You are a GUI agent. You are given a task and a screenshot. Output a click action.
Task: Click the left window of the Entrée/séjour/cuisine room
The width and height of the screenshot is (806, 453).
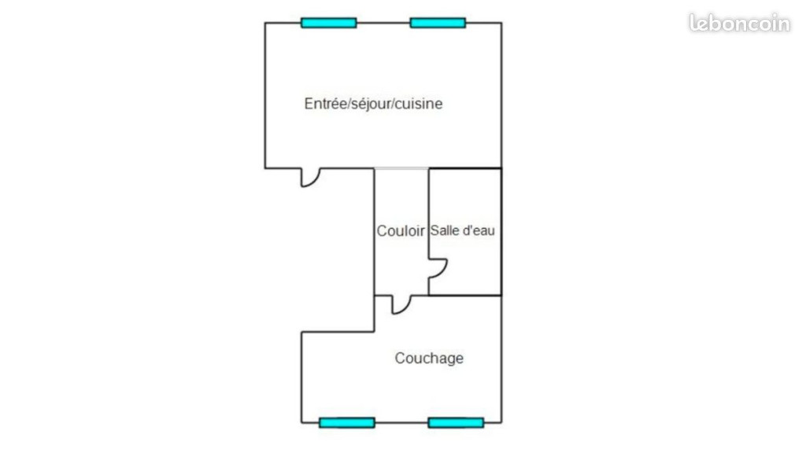pyautogui.click(x=328, y=23)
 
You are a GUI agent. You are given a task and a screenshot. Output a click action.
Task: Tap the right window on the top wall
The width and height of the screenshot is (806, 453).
pyautogui.click(x=438, y=23)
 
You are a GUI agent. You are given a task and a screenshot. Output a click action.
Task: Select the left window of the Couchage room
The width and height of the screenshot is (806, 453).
pyautogui.click(x=347, y=422)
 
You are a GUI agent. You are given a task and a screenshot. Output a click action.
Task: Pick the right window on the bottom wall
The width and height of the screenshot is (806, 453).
pyautogui.click(x=456, y=422)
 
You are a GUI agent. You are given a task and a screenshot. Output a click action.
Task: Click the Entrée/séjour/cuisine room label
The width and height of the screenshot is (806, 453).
pyautogui.click(x=373, y=104)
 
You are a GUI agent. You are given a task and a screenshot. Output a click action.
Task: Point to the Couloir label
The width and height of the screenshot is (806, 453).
pyautogui.click(x=401, y=231)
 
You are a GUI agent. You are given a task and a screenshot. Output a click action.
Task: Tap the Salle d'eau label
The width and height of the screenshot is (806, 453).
pyautogui.click(x=463, y=230)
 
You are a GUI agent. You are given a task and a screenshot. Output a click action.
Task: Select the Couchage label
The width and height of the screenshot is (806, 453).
pyautogui.click(x=429, y=358)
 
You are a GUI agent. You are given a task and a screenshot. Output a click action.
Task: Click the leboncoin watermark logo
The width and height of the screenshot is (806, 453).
pyautogui.click(x=739, y=23)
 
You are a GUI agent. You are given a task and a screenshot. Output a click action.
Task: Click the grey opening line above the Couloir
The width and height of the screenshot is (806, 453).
pyautogui.click(x=401, y=168)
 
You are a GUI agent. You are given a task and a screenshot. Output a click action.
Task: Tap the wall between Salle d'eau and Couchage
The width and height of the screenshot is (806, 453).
pyautogui.click(x=464, y=296)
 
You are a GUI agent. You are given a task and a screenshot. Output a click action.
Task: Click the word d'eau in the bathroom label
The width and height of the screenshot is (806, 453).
pyautogui.click(x=478, y=230)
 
